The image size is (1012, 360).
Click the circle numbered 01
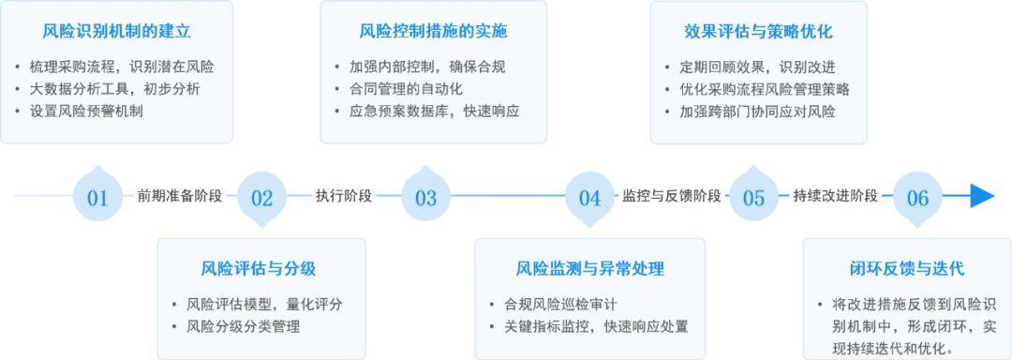click(x=97, y=196)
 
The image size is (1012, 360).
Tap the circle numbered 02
click(x=261, y=196)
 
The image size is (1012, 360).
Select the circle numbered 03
click(x=425, y=196)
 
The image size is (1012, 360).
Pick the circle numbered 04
click(x=589, y=196)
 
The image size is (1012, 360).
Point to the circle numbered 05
click(x=753, y=196)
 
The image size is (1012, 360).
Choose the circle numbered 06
click(x=917, y=196)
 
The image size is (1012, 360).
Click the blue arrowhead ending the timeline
click(x=983, y=196)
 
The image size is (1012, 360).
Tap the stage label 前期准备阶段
click(x=179, y=196)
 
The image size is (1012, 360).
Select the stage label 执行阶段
click(x=343, y=196)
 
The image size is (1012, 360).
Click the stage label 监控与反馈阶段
click(x=671, y=196)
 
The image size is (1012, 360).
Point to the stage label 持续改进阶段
click(x=835, y=196)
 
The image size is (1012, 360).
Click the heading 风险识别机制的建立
click(x=116, y=31)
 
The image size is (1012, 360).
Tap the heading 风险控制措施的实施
click(x=434, y=31)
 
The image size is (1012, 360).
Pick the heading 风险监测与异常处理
click(x=590, y=268)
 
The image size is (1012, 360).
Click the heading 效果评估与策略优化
click(x=758, y=31)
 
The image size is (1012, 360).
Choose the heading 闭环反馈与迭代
click(x=907, y=268)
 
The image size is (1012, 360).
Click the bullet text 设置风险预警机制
click(x=86, y=111)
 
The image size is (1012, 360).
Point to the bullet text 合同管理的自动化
click(x=407, y=89)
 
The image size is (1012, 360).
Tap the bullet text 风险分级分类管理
click(x=243, y=326)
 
